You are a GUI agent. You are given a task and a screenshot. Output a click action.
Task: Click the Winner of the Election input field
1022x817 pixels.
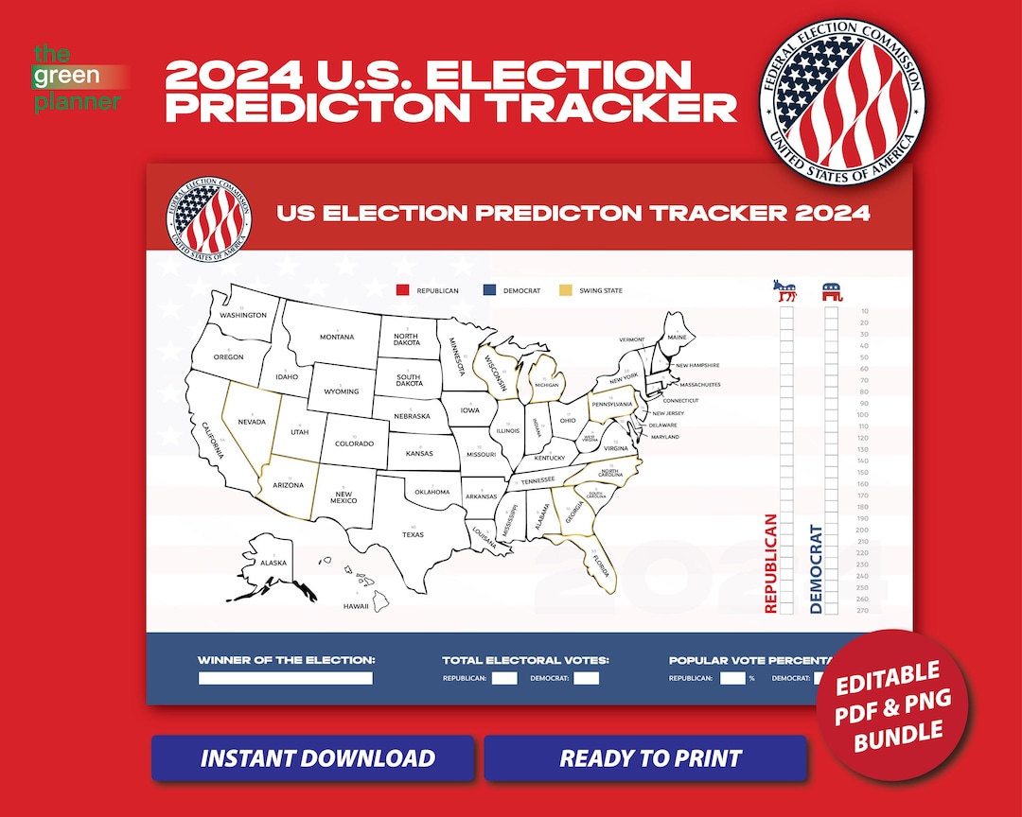tap(285, 678)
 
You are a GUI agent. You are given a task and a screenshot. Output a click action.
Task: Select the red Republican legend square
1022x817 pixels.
tap(402, 290)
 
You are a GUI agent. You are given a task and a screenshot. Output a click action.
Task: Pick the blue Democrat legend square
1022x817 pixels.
tap(488, 290)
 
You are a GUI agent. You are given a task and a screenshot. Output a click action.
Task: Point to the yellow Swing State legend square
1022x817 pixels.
tap(566, 290)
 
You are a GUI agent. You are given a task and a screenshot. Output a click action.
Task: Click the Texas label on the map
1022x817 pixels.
tap(413, 535)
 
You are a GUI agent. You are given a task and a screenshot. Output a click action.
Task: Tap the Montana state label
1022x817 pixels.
tap(336, 338)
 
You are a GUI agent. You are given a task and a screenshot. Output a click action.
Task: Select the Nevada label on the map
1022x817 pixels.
tap(251, 422)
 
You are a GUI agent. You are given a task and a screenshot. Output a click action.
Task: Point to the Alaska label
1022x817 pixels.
tap(273, 564)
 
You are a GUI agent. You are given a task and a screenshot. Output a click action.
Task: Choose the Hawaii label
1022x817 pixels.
tap(356, 606)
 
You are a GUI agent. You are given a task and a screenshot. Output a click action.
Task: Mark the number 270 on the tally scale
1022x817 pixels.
tap(862, 611)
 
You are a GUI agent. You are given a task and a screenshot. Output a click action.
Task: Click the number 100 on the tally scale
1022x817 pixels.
tap(862, 415)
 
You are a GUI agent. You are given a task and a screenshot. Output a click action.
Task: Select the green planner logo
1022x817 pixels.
tap(78, 78)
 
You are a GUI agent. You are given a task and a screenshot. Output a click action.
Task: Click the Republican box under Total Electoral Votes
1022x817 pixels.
tap(504, 678)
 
